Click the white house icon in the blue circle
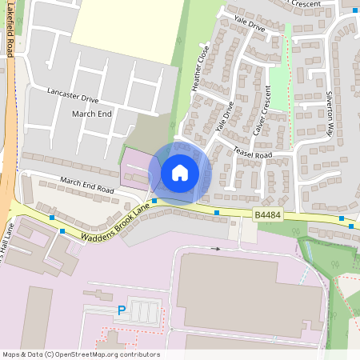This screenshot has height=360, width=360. tap(180, 172)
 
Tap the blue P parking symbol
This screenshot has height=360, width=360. tap(122, 310)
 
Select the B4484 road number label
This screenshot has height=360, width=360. tap(267, 215)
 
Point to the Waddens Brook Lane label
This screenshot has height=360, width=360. tap(116, 224)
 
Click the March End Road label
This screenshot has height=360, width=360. tap(86, 186)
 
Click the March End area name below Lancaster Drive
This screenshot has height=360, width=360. tap(92, 114)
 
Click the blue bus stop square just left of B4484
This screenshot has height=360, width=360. tap(218, 213)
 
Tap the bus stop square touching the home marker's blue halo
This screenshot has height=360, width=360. tap(154, 201)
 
